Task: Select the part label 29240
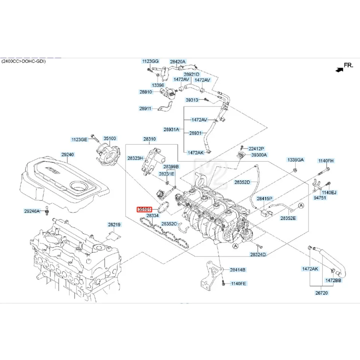pos(68,154)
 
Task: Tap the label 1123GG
pos(150,61)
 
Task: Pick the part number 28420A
pos(178,61)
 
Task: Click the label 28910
pos(145,92)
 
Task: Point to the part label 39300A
pos(259,155)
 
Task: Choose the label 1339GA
pos(296,160)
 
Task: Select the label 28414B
pos(238,270)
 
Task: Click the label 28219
pos(114,225)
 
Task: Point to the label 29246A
pos(32,211)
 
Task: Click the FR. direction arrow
pos(340,69)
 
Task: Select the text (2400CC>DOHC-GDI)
pos(23,61)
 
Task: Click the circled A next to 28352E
pos(301,205)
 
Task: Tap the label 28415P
pos(265,198)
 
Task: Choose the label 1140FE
pos(238,283)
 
